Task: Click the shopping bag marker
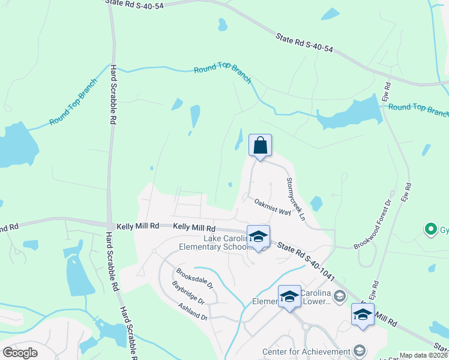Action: pos(260,146)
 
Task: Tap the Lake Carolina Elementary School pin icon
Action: pos(258,237)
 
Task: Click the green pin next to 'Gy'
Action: pos(430,229)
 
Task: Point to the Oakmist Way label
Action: pos(272,208)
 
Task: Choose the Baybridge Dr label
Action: pos(188,292)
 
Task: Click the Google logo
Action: pos(20,353)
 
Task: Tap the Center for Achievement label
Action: pos(306,352)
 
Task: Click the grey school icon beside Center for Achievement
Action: pos(360,350)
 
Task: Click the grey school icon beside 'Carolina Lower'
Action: pos(339,295)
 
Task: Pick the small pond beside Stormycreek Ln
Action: pos(316,204)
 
